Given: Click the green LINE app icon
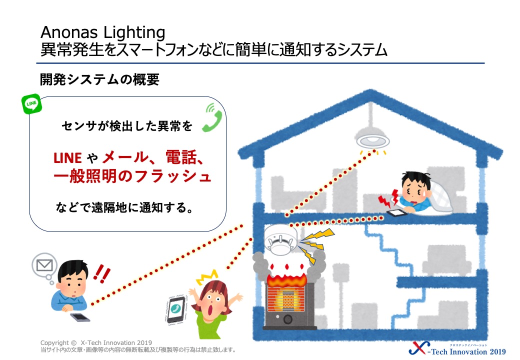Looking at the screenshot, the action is [31, 104].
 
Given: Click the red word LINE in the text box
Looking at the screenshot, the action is [67, 158].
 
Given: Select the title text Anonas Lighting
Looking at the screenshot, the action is [103, 32].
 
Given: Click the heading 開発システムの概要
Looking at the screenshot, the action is [99, 79].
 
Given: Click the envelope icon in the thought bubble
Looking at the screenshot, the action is [44, 265].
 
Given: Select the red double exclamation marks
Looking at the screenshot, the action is [101, 274].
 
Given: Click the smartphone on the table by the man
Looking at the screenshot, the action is [80, 317].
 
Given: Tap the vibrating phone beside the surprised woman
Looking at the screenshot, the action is [176, 309].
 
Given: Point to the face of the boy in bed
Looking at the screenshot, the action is [414, 189].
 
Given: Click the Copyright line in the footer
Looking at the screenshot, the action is [96, 343].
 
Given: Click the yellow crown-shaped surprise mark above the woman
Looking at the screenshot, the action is [207, 277].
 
